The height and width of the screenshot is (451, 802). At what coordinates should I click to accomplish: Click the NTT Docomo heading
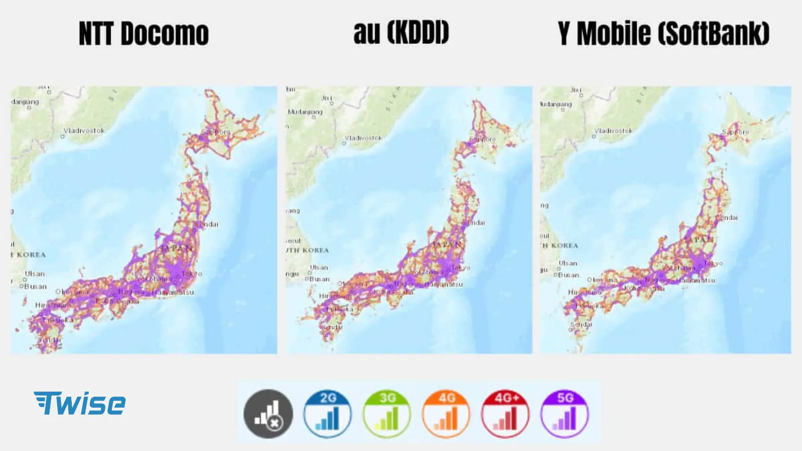tap(144, 33)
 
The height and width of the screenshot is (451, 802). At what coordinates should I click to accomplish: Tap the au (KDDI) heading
tap(401, 33)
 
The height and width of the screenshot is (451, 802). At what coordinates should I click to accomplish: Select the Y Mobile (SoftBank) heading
tap(663, 33)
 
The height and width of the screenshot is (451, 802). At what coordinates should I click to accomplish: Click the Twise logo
tap(79, 403)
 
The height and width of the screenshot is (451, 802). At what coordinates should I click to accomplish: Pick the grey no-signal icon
tap(268, 413)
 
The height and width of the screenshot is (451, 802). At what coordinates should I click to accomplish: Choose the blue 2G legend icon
tap(327, 413)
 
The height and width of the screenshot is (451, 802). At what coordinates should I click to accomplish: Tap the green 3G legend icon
tap(387, 413)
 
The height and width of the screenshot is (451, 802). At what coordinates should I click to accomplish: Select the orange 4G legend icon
tap(446, 413)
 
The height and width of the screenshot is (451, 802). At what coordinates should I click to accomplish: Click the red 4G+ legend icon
tap(505, 413)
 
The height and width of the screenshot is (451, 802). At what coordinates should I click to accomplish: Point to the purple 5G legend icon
tap(565, 413)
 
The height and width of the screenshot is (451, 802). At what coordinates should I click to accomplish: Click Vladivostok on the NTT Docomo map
tap(84, 131)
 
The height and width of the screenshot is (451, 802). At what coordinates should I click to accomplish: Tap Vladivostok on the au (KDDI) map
tap(363, 138)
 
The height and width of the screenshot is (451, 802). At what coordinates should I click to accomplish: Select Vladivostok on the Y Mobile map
tap(613, 131)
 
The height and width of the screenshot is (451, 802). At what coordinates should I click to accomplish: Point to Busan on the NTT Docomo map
tap(36, 286)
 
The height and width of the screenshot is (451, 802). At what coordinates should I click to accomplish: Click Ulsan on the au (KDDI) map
tap(319, 268)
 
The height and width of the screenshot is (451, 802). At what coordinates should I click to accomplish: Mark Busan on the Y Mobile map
tap(569, 275)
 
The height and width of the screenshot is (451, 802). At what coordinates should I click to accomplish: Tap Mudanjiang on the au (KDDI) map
tap(305, 112)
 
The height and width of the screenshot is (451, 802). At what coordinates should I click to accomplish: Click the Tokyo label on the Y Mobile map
tap(713, 264)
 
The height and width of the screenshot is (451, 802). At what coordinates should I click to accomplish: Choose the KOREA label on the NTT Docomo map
tap(31, 255)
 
